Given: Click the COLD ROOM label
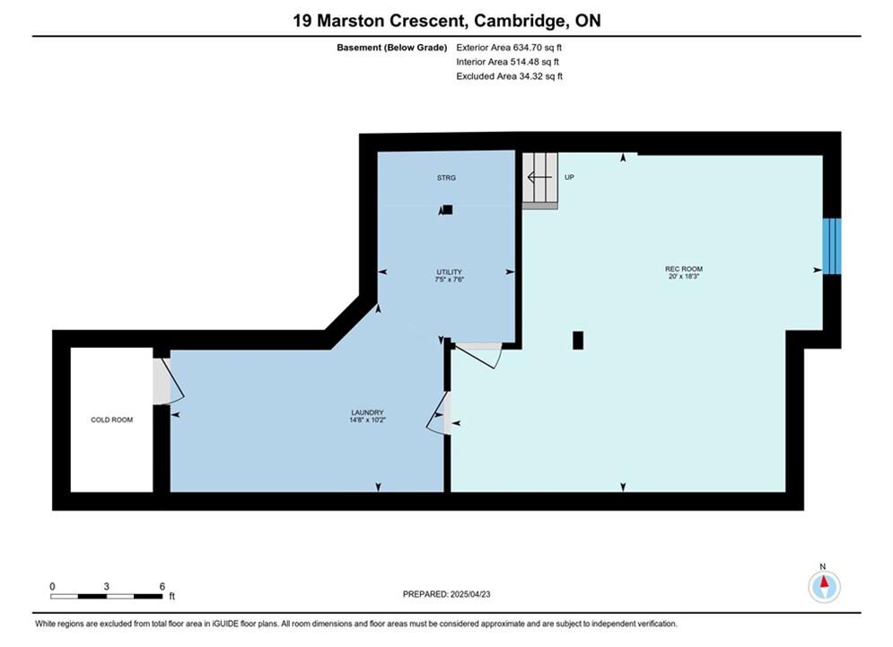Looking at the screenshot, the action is click(111, 420).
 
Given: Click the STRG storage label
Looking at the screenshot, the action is click(447, 178).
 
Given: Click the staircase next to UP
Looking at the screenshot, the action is click(540, 181).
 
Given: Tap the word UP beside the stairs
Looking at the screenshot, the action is click(569, 177).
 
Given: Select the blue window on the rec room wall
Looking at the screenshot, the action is click(831, 246).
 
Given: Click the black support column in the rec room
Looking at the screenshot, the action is click(578, 341).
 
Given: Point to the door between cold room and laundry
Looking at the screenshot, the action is click(169, 381).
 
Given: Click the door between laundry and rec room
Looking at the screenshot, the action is click(439, 413).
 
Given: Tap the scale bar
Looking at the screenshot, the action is click(106, 597).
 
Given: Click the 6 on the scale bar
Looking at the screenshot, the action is click(162, 586).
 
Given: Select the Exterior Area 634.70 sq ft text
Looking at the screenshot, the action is click(509, 48).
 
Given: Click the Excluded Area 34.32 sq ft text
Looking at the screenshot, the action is click(509, 75).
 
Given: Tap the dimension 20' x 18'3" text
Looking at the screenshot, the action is click(683, 277).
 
